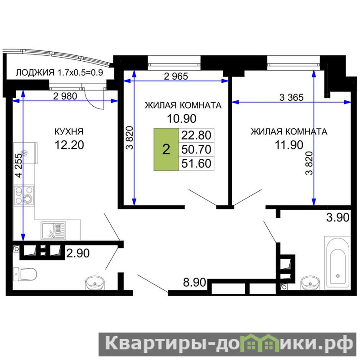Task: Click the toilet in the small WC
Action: (25, 274)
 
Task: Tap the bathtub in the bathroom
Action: (337, 262)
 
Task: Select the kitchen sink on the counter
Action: (53, 230)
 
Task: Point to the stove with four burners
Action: (24, 195)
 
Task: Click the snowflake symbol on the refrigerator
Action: (24, 153)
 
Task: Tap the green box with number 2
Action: (166, 149)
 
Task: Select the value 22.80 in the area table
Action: (196, 135)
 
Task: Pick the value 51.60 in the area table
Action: (196, 163)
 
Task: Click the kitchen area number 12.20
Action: (69, 145)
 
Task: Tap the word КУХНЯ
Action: (69, 132)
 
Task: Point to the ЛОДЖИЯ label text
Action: (35, 73)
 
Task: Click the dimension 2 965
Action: (176, 76)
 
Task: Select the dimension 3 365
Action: (291, 98)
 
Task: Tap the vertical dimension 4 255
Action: (19, 166)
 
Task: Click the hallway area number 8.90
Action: (194, 282)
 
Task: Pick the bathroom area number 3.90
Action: (338, 217)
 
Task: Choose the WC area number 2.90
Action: (78, 253)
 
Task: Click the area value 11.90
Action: (289, 145)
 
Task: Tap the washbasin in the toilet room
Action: (95, 283)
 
